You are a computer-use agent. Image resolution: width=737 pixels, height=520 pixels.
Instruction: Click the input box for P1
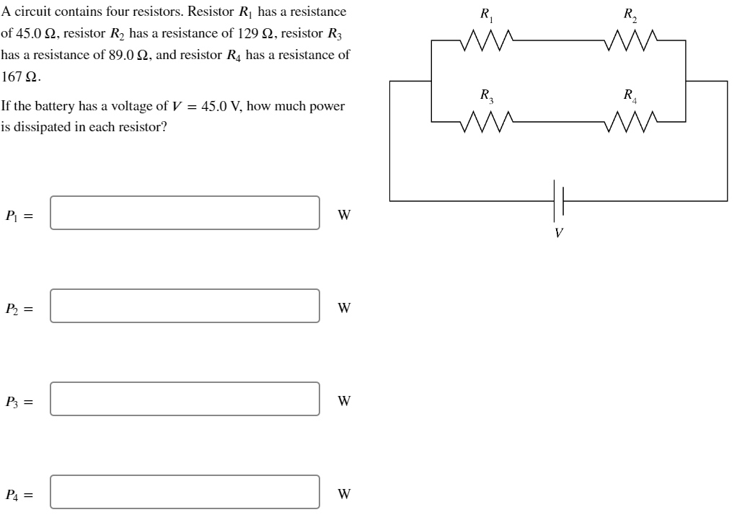tap(185, 213)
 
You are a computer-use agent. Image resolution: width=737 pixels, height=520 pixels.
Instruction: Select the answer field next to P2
tap(185, 306)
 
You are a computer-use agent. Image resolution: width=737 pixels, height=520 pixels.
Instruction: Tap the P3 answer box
tap(185, 399)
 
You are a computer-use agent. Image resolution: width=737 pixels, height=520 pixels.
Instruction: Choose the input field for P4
tap(185, 492)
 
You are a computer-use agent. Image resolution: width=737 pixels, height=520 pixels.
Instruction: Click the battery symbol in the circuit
tap(558, 200)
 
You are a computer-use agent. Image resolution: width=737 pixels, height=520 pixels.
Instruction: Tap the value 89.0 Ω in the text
tap(128, 55)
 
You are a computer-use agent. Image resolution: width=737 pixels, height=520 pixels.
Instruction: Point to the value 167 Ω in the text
tap(21, 76)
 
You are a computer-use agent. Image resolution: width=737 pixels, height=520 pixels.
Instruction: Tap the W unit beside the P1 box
tap(344, 215)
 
